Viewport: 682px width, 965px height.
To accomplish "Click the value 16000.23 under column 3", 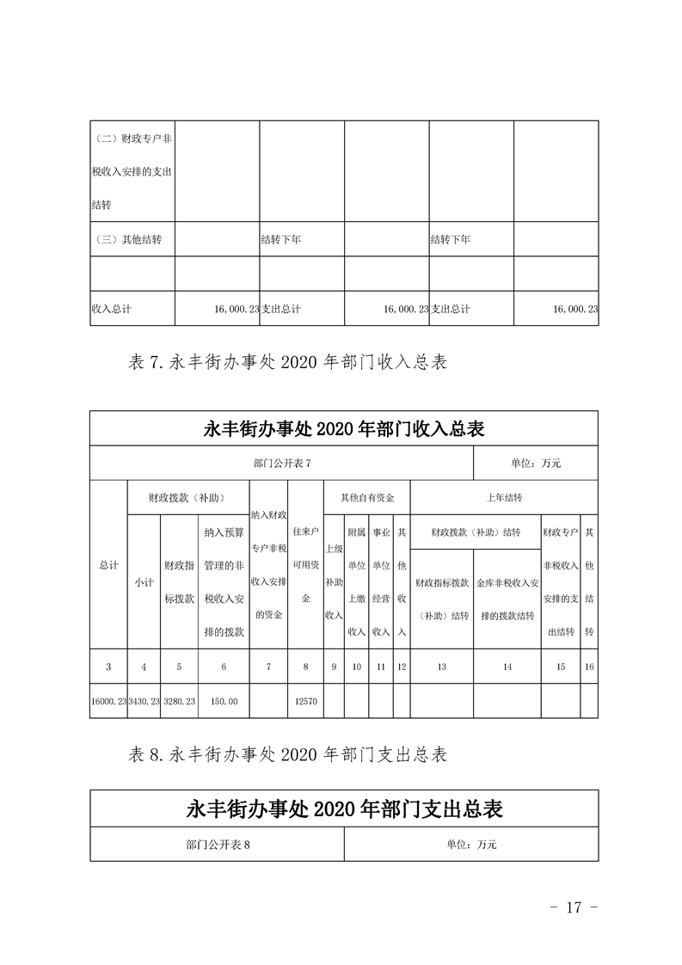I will (x=108, y=702).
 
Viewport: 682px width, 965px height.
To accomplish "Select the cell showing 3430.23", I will (x=144, y=702).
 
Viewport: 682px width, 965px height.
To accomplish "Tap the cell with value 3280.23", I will (x=179, y=702).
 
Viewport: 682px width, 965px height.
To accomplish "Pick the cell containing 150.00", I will (x=224, y=702).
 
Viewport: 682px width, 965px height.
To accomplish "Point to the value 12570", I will (x=306, y=702).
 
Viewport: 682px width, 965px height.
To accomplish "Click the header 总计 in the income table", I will (x=108, y=564).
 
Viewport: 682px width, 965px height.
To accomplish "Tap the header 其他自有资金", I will (x=367, y=498).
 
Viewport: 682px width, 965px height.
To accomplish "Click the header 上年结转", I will (x=504, y=498).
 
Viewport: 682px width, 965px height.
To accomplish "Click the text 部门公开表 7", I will (x=282, y=464).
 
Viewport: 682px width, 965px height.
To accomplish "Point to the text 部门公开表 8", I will (x=217, y=845).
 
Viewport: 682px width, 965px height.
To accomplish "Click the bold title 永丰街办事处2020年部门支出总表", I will (x=344, y=809).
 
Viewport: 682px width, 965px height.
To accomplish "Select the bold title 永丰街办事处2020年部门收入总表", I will (x=344, y=428).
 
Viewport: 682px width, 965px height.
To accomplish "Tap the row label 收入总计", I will (x=111, y=308).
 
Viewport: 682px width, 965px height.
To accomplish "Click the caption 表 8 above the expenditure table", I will (x=287, y=755).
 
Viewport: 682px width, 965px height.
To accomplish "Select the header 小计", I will (x=144, y=582).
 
